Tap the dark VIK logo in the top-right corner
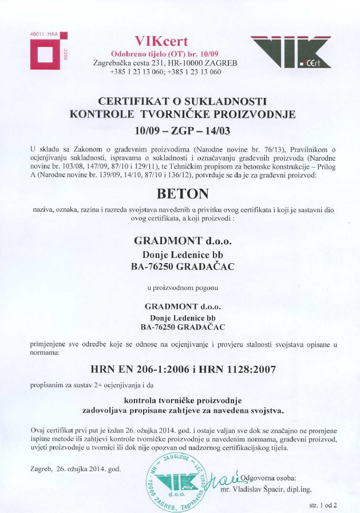[291, 52]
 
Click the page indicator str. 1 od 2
[323, 505]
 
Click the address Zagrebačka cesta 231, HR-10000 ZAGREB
[165, 62]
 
